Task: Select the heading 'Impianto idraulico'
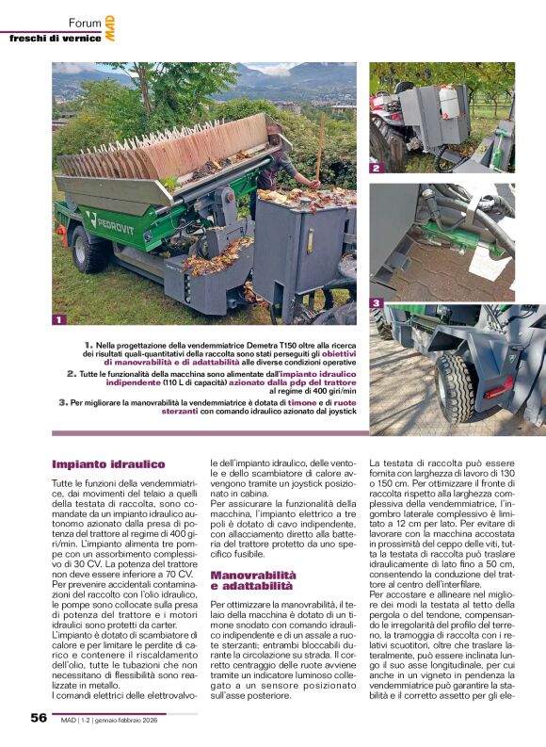[x=108, y=463]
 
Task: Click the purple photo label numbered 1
[x=58, y=319]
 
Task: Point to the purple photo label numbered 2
[x=375, y=169]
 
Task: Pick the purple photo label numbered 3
[x=376, y=302]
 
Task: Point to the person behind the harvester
[x=285, y=175]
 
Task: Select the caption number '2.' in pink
[x=72, y=373]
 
